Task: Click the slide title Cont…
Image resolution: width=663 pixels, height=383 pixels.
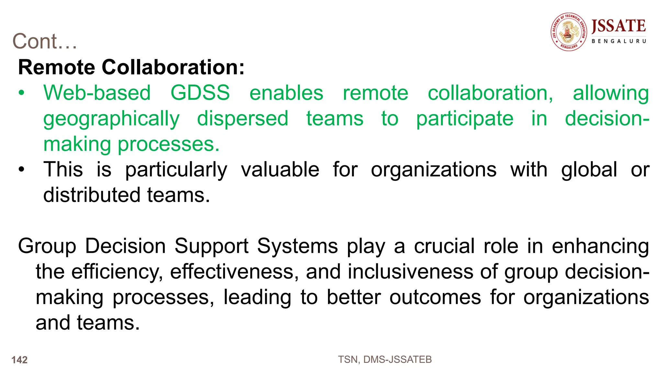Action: coord(45,41)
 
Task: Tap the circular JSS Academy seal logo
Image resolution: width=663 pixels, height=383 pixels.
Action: coord(569,32)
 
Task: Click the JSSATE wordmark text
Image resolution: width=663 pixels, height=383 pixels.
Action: coord(619,26)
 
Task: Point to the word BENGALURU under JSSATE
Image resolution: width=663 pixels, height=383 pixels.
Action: coord(619,41)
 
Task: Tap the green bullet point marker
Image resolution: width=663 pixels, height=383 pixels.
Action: coord(21,93)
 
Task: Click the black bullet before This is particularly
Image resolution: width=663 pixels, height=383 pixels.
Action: coord(21,169)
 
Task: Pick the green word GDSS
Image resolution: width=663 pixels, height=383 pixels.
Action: coord(200,93)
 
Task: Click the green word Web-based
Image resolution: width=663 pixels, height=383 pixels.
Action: coord(97,93)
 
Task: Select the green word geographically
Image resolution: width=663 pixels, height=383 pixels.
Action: coord(111,119)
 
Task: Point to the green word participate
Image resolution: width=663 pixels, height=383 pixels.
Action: coord(465,119)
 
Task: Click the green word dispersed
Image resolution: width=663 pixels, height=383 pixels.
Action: coord(242,118)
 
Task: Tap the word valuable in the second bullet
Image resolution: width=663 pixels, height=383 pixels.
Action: coord(280,169)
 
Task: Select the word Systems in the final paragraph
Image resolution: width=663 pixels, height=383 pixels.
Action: coord(298,246)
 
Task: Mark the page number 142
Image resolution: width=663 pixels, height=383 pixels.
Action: coord(19,360)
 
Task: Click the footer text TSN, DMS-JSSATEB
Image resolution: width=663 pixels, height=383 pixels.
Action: coord(385,360)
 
